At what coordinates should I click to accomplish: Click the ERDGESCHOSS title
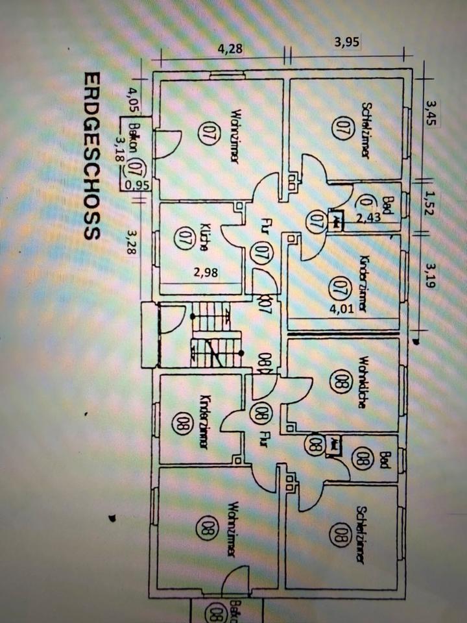click(91, 156)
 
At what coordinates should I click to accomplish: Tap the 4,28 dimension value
click(230, 47)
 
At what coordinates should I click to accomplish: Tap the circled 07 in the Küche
click(182, 236)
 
